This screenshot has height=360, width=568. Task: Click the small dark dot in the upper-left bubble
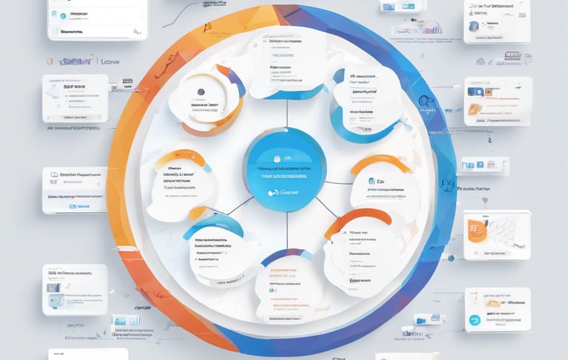tap(200, 92)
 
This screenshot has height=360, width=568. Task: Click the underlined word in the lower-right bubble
tap(360, 281)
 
